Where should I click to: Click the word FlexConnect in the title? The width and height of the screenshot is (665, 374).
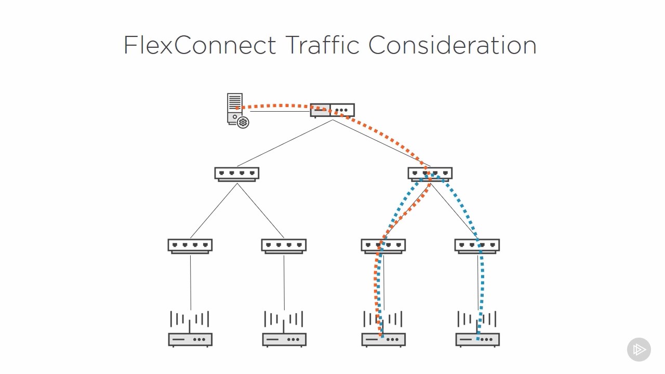point(199,45)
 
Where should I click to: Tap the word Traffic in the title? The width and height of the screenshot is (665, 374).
point(322,45)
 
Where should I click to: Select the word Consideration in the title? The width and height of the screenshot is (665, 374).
point(452,45)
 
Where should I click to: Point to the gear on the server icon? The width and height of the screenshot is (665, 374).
point(243,123)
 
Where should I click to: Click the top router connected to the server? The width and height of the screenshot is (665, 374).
point(332,110)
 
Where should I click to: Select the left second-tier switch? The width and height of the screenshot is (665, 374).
point(237,173)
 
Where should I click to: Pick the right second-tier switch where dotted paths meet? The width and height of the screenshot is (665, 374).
point(430,173)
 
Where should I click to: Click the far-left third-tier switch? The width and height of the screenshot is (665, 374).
point(190,246)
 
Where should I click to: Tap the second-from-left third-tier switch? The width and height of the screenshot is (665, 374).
point(284,246)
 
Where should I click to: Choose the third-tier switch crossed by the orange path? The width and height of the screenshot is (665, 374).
point(383,246)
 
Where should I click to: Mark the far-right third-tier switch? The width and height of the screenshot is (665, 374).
point(477,246)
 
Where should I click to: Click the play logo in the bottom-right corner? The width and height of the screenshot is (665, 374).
point(639,350)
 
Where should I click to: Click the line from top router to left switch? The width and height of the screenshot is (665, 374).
point(285,143)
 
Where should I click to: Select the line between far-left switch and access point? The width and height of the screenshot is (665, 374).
point(190,283)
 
